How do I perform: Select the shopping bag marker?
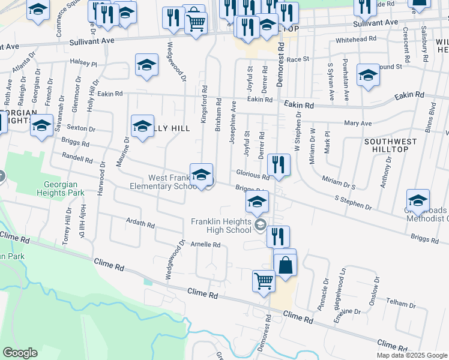pos(285,265)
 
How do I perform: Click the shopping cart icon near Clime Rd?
pos(264,281)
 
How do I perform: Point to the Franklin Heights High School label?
pos(221,226)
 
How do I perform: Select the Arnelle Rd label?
pos(206,245)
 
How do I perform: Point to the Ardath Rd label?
pos(140,223)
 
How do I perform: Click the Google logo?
pos(20,352)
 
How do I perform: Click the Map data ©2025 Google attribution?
pos(412,355)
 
